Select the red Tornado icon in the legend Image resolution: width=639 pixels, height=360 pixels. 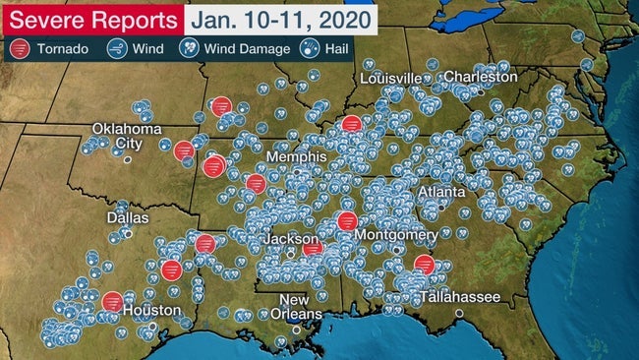tap(20, 47)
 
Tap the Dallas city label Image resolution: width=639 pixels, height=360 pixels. tap(129, 217)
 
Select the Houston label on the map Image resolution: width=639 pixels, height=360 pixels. tap(151, 310)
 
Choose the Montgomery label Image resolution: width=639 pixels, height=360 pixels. tap(397, 235)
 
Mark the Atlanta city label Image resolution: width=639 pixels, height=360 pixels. tap(442, 193)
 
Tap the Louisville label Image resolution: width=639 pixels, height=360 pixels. tap(390, 78)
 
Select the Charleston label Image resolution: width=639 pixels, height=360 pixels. tap(480, 77)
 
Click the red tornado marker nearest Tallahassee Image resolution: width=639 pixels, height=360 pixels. tap(424, 264)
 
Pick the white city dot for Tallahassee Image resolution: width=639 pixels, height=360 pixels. tap(459, 313)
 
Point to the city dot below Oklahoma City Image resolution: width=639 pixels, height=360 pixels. tap(127, 159)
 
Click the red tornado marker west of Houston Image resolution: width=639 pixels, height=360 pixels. tap(113, 300)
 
